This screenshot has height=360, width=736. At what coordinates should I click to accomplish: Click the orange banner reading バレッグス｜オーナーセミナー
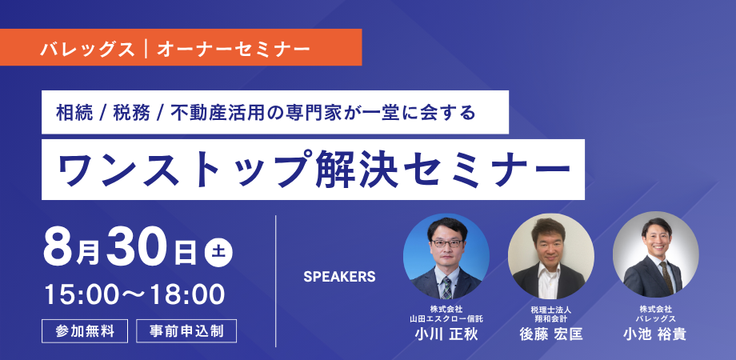pyautogui.click(x=181, y=47)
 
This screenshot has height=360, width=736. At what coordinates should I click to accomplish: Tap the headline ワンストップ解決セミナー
pyautogui.click(x=313, y=170)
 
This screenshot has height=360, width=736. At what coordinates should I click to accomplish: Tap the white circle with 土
pyautogui.click(x=218, y=254)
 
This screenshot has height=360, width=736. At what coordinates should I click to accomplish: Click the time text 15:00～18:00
pyautogui.click(x=134, y=294)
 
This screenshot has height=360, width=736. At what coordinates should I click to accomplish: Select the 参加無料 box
pyautogui.click(x=85, y=331)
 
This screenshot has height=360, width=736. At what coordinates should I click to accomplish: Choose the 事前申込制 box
pyautogui.click(x=186, y=331)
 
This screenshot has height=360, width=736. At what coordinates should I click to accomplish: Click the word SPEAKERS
pyautogui.click(x=339, y=277)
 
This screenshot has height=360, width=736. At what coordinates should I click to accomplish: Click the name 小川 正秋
pyautogui.click(x=446, y=334)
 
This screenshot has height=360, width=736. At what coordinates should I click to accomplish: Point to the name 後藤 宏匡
pyautogui.click(x=551, y=334)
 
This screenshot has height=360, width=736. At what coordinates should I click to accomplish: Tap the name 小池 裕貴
pyautogui.click(x=655, y=334)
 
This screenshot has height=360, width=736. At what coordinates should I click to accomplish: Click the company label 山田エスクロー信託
pyautogui.click(x=446, y=318)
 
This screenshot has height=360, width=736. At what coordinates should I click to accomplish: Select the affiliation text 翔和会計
pyautogui.click(x=551, y=318)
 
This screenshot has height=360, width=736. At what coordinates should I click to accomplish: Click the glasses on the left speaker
pyautogui.click(x=446, y=243)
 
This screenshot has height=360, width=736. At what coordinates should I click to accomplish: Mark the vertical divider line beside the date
pyautogui.click(x=275, y=281)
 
